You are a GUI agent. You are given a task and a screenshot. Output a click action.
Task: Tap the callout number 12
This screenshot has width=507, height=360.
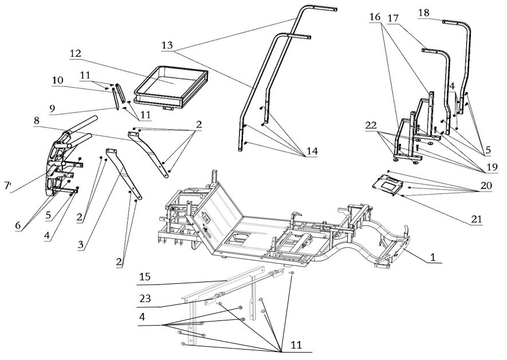tap(76, 53)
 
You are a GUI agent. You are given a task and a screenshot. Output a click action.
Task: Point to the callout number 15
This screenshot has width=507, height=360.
tap(146, 277)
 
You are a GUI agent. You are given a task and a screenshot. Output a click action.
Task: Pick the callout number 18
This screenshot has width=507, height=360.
tap(425, 13)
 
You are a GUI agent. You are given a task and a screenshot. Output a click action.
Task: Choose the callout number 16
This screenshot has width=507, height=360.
tap(375, 18)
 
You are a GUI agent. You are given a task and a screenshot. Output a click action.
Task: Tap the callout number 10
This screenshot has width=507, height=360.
tap(58, 81)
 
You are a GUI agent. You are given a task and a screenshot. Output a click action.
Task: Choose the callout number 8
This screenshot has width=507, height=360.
tap(36, 121)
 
